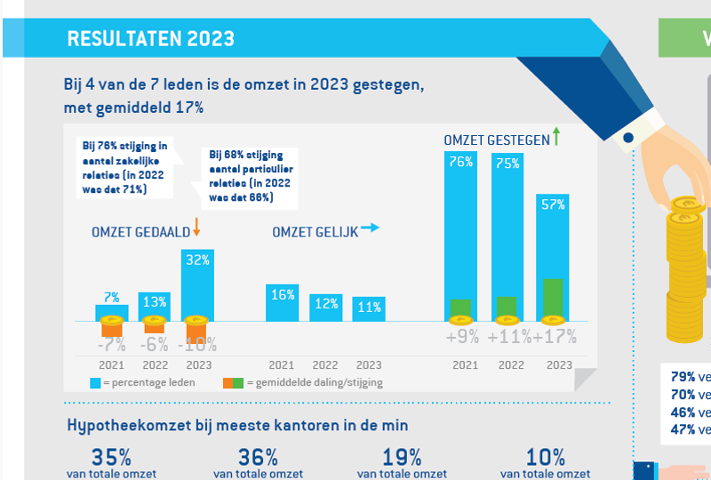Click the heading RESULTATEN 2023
coord(150,38)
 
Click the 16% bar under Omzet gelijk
coord(282,302)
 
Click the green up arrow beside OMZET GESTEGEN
coord(555,136)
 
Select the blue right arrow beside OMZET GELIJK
coord(369,228)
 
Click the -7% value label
coord(111,343)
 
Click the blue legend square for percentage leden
coord(94,383)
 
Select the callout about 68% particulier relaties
coord(250,176)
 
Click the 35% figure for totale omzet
coord(111,458)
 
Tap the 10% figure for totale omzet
coord(545,458)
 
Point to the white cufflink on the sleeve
coord(627,138)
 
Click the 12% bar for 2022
coord(325,307)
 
